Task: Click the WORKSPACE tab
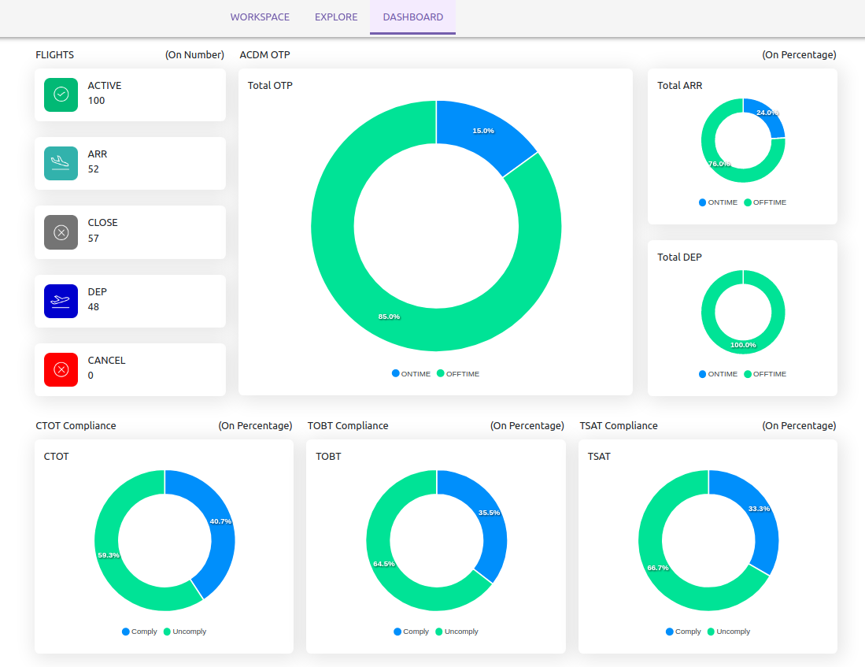click(260, 17)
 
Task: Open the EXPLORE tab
click(336, 17)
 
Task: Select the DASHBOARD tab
click(412, 17)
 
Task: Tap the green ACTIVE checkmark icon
click(61, 94)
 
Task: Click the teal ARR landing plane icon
click(61, 163)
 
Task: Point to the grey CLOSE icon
click(61, 232)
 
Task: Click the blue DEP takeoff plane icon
click(61, 301)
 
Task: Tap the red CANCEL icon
click(61, 369)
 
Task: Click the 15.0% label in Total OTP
click(483, 131)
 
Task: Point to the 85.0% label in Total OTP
click(389, 317)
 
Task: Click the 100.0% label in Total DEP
click(743, 345)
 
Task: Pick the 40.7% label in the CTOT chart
click(220, 521)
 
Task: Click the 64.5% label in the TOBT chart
click(384, 564)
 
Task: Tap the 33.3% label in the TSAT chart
click(760, 509)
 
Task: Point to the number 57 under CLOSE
click(94, 238)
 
